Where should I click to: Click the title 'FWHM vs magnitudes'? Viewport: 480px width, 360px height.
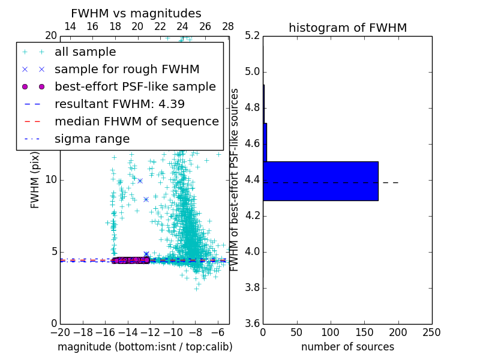click(x=136, y=13)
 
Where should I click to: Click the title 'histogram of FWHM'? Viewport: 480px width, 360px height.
click(x=347, y=28)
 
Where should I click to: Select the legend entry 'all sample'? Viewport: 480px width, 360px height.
click(x=85, y=52)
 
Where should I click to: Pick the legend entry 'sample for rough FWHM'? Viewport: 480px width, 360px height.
click(x=127, y=70)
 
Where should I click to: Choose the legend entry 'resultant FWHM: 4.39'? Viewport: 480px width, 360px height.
click(x=119, y=104)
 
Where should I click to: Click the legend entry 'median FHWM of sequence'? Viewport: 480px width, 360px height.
click(x=136, y=122)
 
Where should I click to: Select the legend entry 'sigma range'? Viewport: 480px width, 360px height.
click(x=92, y=139)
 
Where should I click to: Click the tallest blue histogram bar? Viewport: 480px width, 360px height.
click(x=320, y=181)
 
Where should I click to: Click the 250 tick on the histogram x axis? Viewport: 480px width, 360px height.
click(x=431, y=332)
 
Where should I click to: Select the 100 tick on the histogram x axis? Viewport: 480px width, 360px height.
click(x=331, y=332)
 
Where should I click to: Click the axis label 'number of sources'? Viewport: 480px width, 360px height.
click(x=347, y=347)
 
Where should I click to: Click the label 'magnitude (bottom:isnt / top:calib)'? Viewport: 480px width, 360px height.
click(x=145, y=347)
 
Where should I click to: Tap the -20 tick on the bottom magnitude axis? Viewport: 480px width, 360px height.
click(x=60, y=332)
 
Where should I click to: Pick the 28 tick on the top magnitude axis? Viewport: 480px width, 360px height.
click(x=228, y=26)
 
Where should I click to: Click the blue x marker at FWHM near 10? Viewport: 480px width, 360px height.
click(x=140, y=181)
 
